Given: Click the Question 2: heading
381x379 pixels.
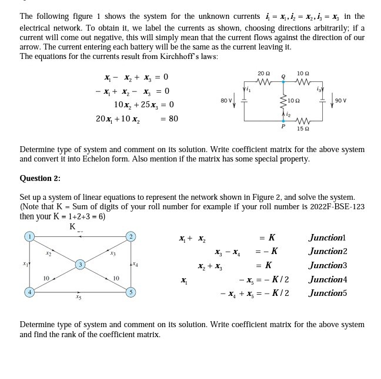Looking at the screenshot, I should click(x=40, y=179).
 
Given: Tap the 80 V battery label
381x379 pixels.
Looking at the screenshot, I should click(x=225, y=101).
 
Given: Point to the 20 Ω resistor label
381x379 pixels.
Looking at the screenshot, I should click(x=263, y=73).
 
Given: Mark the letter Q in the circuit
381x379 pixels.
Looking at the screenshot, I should click(x=283, y=76).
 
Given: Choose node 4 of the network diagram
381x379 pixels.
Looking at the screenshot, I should click(x=28, y=292).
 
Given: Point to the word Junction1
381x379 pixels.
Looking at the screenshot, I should click(x=327, y=238).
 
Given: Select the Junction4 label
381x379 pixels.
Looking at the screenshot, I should click(x=327, y=279).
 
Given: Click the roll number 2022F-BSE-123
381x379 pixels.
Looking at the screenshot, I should click(x=338, y=207).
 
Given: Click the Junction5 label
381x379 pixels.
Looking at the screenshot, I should click(x=327, y=293).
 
